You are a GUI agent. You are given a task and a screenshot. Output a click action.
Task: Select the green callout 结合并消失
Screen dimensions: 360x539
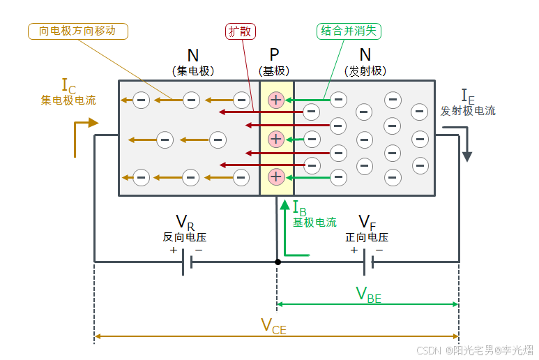pyautogui.click(x=349, y=31)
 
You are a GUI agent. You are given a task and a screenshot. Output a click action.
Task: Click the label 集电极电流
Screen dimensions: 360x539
pyautogui.click(x=68, y=100)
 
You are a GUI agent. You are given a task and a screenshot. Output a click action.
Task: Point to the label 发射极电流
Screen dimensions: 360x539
pyautogui.click(x=468, y=111)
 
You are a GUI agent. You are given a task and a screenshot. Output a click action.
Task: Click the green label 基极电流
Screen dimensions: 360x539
pyautogui.click(x=314, y=223)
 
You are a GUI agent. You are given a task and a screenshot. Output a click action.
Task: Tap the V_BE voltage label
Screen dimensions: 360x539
pyautogui.click(x=369, y=294)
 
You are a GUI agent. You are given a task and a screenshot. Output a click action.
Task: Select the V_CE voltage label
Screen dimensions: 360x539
pyautogui.click(x=273, y=326)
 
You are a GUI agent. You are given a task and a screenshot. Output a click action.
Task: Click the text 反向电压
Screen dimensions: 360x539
pyautogui.click(x=184, y=237)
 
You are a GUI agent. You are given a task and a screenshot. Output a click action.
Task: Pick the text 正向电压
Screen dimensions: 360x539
pyautogui.click(x=367, y=237)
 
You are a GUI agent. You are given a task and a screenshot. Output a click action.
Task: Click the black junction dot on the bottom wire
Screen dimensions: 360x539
pyautogui.click(x=278, y=262)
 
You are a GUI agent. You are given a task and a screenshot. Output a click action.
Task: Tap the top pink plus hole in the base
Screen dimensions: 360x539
pyautogui.click(x=276, y=100)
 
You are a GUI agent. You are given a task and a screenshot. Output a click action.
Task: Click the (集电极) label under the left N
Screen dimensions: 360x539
pyautogui.click(x=193, y=70)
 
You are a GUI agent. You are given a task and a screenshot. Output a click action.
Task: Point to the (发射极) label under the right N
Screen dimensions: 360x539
pyautogui.click(x=365, y=70)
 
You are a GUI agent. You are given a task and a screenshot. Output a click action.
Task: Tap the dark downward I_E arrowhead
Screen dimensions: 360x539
pyautogui.click(x=467, y=156)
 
